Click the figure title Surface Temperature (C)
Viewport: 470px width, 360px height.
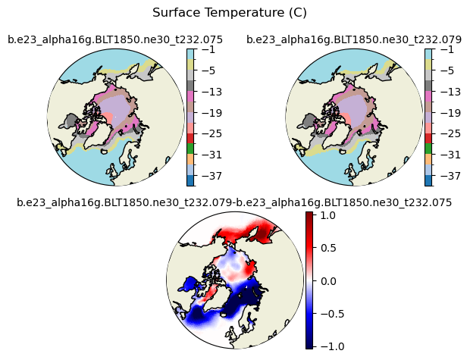(x=230, y=13)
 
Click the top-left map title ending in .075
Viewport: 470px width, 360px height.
(x=115, y=39)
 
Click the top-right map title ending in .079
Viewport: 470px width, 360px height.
(x=354, y=39)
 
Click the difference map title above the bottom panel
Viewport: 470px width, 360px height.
(x=234, y=202)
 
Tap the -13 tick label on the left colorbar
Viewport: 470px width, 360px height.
(x=211, y=92)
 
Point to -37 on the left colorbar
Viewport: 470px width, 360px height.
(x=211, y=176)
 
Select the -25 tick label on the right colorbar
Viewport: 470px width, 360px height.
(x=450, y=133)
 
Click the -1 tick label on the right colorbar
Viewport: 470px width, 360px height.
(x=447, y=49)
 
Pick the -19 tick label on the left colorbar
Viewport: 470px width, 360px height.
(x=211, y=113)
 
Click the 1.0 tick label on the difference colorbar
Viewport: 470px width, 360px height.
(x=328, y=215)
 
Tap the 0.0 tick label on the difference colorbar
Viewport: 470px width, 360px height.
(x=328, y=281)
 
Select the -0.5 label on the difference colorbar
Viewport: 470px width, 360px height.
(x=328, y=314)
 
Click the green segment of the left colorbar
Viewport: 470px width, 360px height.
(x=190, y=149)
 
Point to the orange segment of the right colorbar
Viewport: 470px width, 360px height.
(x=428, y=159)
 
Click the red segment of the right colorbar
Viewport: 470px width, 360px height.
(x=428, y=138)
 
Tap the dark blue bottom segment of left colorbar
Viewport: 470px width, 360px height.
(x=190, y=180)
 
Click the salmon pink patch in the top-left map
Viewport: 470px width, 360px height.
(x=108, y=117)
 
